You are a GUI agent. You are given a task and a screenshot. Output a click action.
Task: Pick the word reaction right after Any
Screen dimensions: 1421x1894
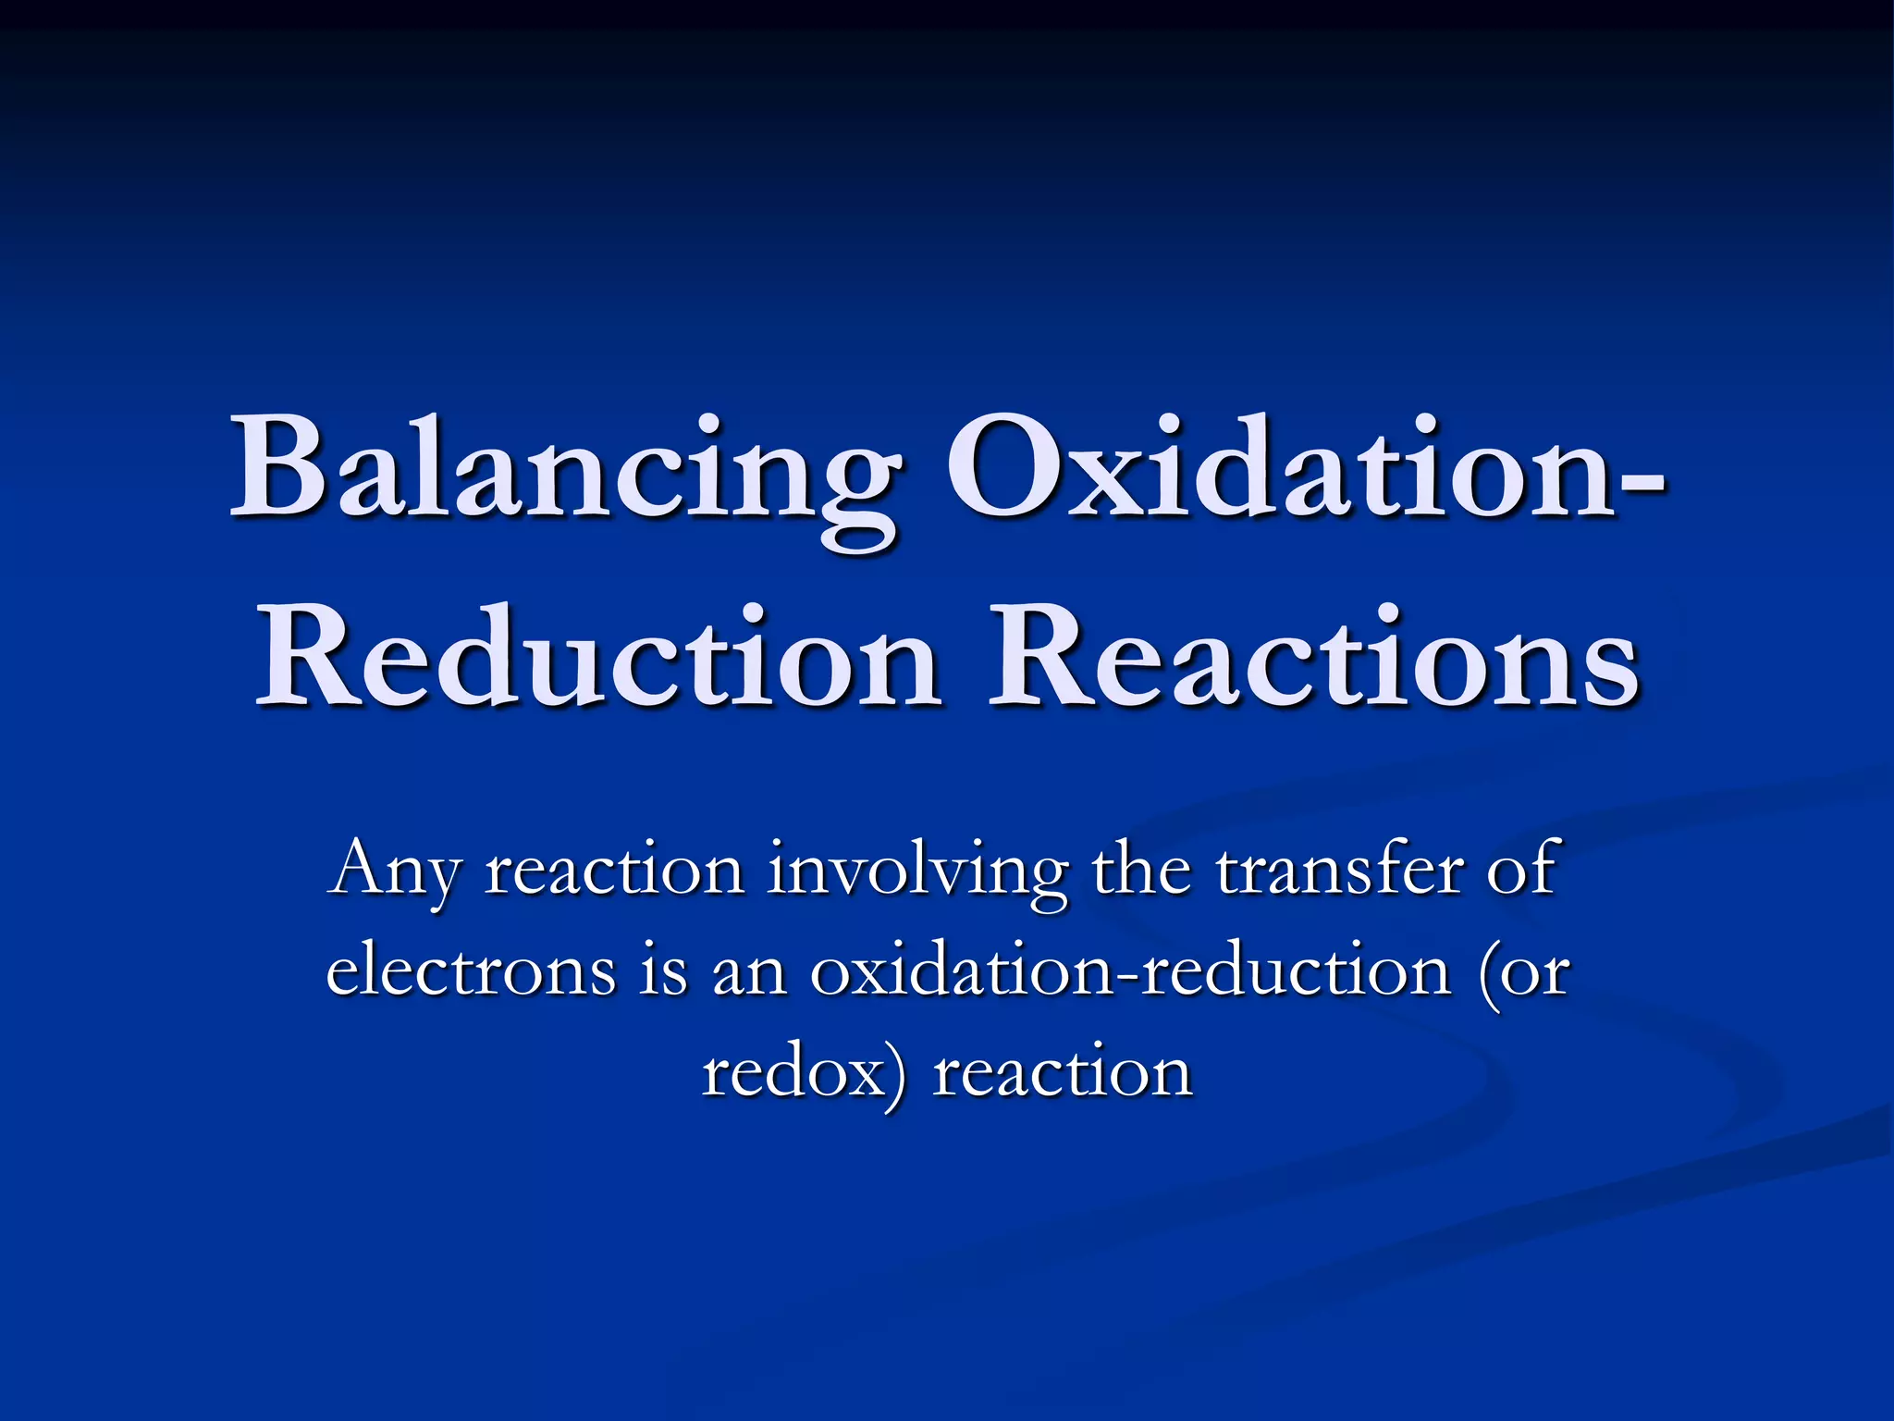pyautogui.click(x=615, y=870)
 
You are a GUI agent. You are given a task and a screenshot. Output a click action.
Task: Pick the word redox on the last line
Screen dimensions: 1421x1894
pyautogui.click(x=792, y=1073)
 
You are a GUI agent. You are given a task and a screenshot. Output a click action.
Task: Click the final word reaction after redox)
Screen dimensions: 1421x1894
pyautogui.click(x=1063, y=1073)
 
